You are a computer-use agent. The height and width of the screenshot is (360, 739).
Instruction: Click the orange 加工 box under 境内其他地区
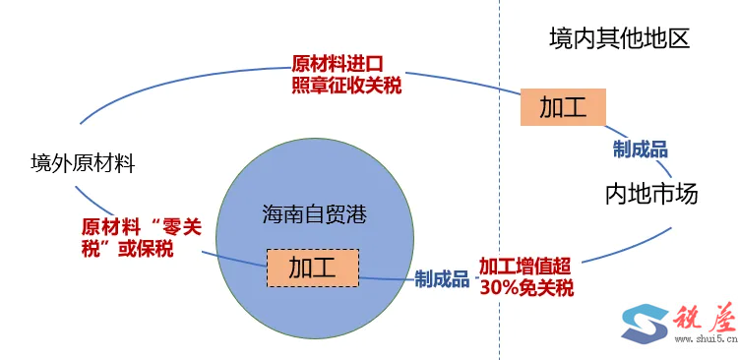coord(562,105)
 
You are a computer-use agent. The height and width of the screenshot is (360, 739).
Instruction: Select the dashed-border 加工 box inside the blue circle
coord(312,268)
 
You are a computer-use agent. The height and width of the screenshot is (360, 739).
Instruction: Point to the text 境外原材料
coord(82,162)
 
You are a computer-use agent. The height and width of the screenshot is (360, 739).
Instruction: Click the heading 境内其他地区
coord(618,39)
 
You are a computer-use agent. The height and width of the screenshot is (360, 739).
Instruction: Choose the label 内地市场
coord(650,193)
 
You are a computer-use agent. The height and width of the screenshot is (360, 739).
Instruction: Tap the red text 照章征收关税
coord(346,86)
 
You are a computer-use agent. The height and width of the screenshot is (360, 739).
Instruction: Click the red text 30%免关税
coord(526,288)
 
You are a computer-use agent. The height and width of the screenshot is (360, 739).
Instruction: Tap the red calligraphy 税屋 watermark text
coord(703,316)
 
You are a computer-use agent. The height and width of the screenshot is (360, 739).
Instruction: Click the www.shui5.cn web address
coord(701,340)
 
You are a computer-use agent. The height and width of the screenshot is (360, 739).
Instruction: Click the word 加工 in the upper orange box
coord(562,105)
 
